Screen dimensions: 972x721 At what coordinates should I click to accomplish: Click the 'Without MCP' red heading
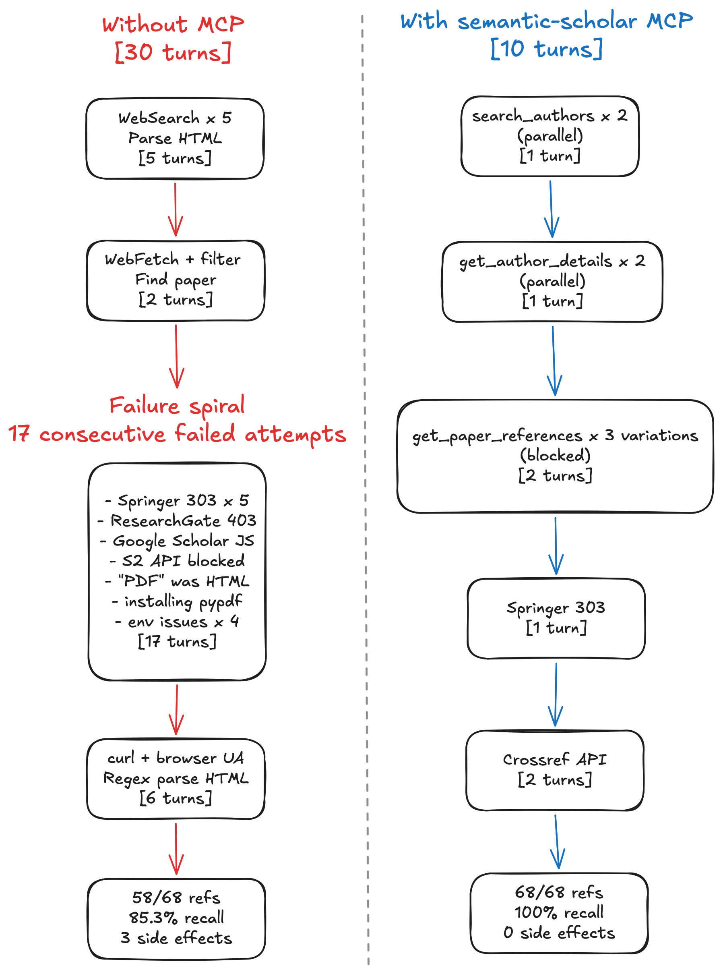pos(173,24)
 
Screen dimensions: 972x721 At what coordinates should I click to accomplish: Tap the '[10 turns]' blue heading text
pos(546,48)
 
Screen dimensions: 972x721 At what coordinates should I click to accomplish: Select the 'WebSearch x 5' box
pos(175,138)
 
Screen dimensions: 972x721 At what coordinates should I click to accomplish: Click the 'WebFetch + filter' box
pos(176,280)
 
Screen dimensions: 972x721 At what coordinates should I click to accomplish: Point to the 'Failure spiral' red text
pos(177,406)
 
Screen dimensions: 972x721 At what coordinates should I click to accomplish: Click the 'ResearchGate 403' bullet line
pos(177,520)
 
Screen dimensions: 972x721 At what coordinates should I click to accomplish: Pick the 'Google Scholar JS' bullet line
pos(177,541)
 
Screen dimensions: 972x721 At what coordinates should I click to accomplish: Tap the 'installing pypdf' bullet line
pos(177,601)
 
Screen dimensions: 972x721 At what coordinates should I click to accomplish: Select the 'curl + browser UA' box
pos(176,778)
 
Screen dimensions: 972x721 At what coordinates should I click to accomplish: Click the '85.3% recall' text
pos(176,917)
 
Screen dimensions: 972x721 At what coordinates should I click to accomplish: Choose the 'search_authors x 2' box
pos(550,136)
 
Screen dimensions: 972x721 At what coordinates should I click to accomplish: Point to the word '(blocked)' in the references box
pos(555,456)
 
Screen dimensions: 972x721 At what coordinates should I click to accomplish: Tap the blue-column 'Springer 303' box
pos(556,618)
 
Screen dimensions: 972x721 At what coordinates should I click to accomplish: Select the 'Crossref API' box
pos(555,770)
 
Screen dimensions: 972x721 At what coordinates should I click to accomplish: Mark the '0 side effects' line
pos(559,932)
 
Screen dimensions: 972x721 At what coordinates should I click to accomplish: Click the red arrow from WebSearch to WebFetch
pos(176,209)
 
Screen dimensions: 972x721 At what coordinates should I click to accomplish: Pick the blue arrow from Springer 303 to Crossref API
pos(556,694)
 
